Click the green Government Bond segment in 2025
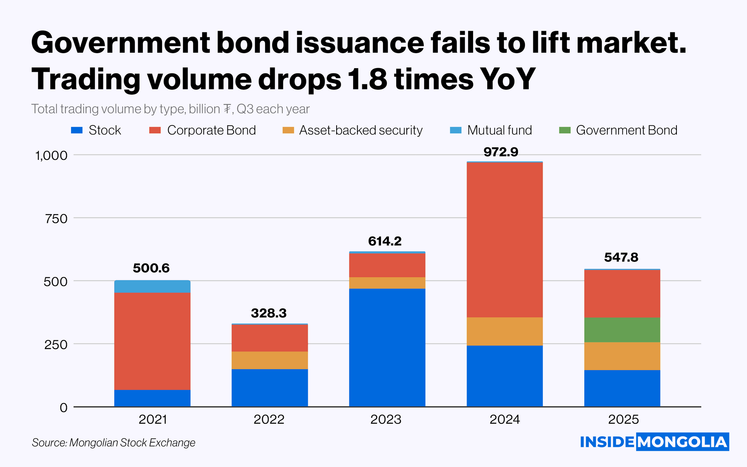click(x=622, y=330)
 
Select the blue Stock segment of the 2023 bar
click(x=387, y=347)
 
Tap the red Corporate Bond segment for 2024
click(x=505, y=240)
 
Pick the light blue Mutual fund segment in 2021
click(x=152, y=286)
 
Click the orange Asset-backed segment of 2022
click(x=270, y=360)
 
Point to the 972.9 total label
click(x=501, y=152)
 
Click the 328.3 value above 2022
click(x=269, y=313)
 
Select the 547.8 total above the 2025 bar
click(x=621, y=257)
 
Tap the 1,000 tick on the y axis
click(x=51, y=156)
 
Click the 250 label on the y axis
click(x=56, y=345)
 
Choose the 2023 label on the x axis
click(x=386, y=419)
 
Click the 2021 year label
click(x=153, y=419)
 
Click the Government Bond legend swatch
click(x=565, y=130)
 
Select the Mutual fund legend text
click(x=499, y=130)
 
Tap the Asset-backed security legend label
click(x=361, y=130)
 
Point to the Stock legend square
click(x=77, y=130)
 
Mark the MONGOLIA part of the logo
click(x=682, y=442)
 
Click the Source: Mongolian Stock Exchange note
click(x=113, y=443)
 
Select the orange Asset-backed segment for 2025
click(x=622, y=356)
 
